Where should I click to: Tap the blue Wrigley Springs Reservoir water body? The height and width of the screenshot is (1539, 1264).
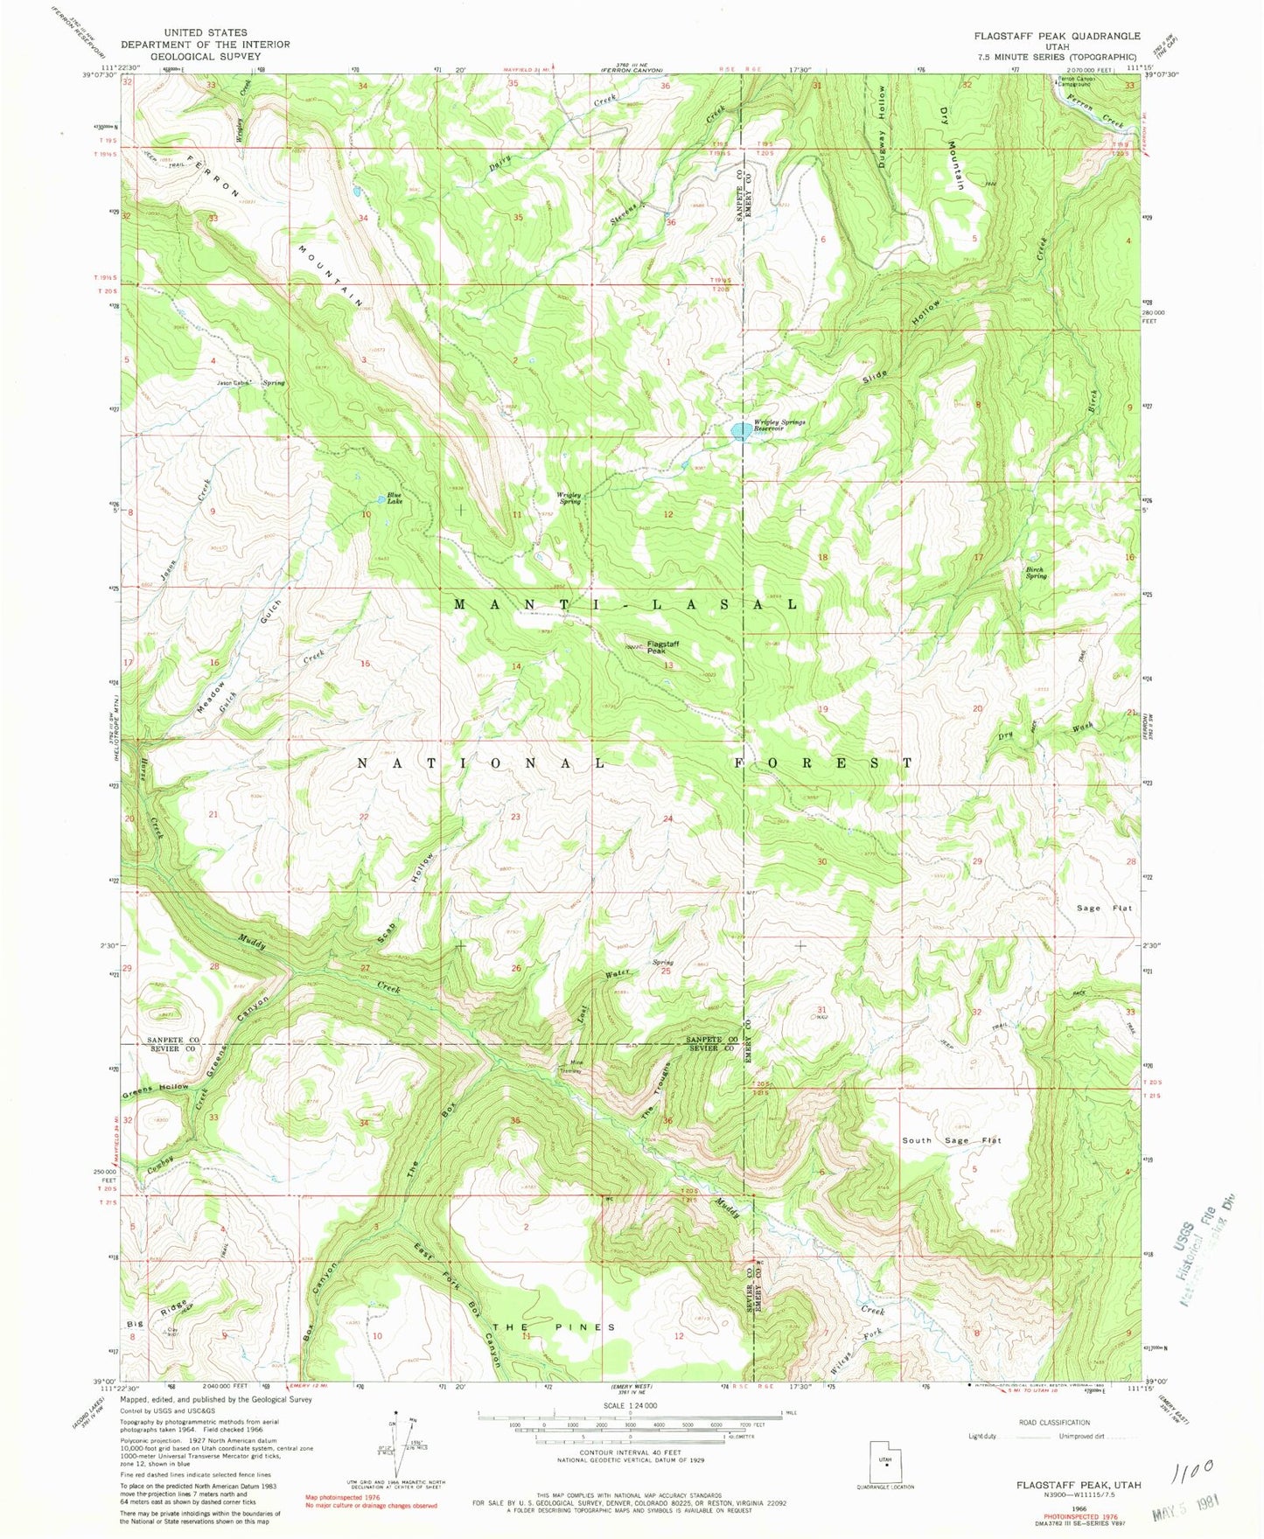(x=740, y=431)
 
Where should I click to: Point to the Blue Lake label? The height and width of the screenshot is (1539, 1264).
(x=395, y=499)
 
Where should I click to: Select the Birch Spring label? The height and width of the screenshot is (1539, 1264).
(x=1036, y=573)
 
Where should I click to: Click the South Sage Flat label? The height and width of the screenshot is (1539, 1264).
(x=951, y=1140)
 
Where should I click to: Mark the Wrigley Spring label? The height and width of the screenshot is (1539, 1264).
(x=569, y=498)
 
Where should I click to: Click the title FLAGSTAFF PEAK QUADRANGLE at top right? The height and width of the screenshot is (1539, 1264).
(x=1051, y=36)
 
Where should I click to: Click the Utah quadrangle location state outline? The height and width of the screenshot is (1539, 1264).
(x=887, y=1458)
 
